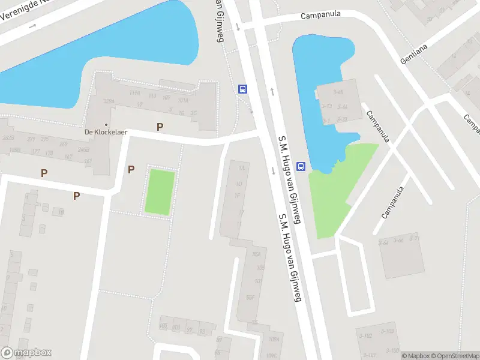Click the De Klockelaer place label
pyautogui.click(x=106, y=132)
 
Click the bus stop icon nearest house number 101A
pyautogui.click(x=242, y=89)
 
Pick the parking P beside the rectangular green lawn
pyautogui.click(x=131, y=170)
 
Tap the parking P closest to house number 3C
pyautogui.click(x=160, y=127)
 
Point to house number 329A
pyautogui.click(x=109, y=101)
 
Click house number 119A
pyautogui.click(x=134, y=93)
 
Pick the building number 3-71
pyautogui.click(x=414, y=238)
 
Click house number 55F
pyautogui.click(x=251, y=297)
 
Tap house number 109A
pyautogui.click(x=274, y=339)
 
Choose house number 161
pyautogui.click(x=88, y=161)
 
